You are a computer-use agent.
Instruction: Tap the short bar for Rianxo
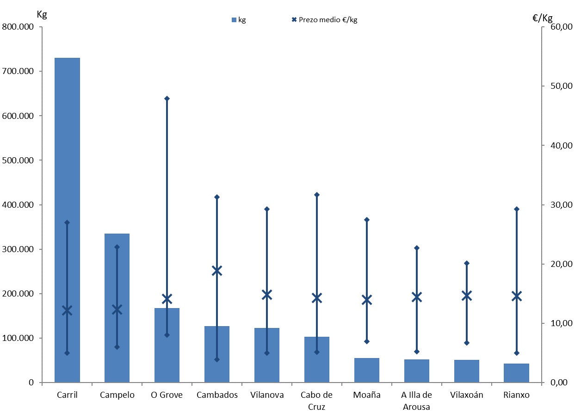pos(516,373)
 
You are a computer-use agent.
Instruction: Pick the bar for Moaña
pos(367,370)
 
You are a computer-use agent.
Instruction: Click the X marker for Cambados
pos(217,271)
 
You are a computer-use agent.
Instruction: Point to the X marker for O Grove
pos(167,299)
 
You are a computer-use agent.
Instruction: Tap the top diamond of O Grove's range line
pos(167,99)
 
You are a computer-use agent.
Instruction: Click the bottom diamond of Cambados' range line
pos(217,359)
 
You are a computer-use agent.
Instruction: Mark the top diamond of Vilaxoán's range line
pos(466,263)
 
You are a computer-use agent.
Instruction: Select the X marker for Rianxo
pos(517,296)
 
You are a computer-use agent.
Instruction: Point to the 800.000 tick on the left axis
pos(19,27)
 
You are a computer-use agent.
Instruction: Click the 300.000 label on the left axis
pos(19,249)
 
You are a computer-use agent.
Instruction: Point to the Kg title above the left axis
pos(42,14)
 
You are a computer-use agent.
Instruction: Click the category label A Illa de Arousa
pos(416,401)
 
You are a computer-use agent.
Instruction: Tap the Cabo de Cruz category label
pos(316,401)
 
